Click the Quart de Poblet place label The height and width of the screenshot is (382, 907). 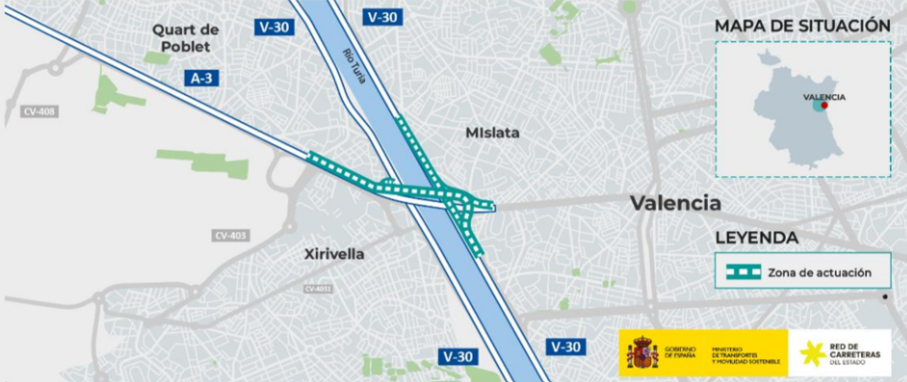click(x=185, y=38)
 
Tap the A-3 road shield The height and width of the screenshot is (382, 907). click(x=201, y=79)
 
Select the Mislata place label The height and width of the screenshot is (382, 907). click(x=492, y=133)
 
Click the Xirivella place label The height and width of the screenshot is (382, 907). click(x=334, y=254)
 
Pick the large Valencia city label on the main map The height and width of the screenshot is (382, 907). click(x=675, y=203)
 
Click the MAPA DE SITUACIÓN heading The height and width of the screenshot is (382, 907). click(x=802, y=26)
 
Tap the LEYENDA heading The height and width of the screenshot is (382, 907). click(x=756, y=238)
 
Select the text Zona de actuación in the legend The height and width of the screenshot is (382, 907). click(x=818, y=272)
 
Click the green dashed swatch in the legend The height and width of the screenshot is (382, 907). click(x=743, y=272)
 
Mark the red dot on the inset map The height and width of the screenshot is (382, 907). click(x=823, y=107)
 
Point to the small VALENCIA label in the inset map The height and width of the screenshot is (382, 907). click(x=824, y=97)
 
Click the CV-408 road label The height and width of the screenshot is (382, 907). click(x=39, y=111)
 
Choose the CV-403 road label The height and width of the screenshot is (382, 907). click(x=230, y=235)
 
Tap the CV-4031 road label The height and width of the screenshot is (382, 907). click(x=318, y=290)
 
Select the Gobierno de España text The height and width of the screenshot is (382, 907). click(x=680, y=352)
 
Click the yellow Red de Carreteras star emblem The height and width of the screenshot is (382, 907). click(x=814, y=352)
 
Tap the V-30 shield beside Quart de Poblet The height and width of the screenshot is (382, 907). click(x=274, y=27)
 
